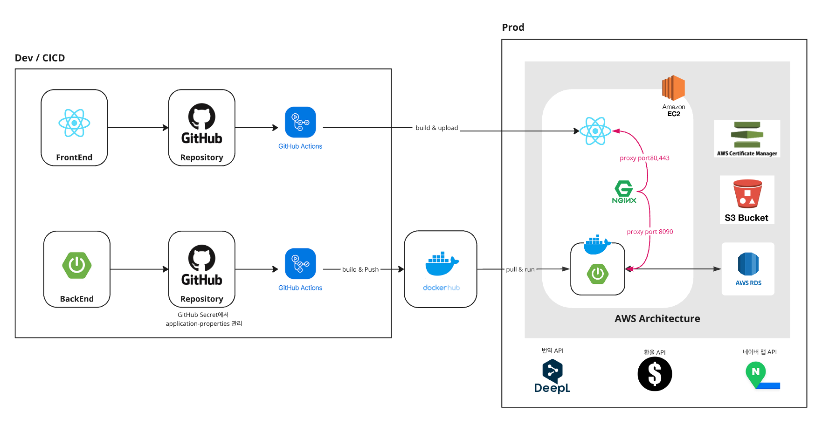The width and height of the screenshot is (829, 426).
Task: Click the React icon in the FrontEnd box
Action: point(74,123)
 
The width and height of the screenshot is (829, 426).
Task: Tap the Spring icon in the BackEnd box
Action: point(77,265)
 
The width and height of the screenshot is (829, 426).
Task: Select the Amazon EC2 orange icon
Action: point(673,88)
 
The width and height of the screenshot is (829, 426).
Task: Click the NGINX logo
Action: point(624,192)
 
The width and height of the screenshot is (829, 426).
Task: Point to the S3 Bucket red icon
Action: point(747,193)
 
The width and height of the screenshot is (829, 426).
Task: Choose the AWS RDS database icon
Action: point(748,264)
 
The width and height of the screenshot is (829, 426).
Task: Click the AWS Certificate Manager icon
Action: point(747,134)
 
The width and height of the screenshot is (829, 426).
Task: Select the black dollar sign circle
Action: point(655,374)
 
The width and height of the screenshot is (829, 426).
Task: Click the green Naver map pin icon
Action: point(756,374)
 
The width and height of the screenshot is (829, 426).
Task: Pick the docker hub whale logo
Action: point(442,264)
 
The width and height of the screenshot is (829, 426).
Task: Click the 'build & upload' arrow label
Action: point(437,128)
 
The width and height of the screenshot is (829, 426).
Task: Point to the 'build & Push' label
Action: point(360,269)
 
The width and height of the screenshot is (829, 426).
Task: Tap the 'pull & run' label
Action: point(520,269)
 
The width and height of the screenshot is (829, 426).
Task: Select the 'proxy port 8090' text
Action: point(650,232)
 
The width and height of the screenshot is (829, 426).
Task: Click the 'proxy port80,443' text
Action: point(644,158)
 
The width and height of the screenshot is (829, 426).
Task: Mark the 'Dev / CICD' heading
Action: point(40,58)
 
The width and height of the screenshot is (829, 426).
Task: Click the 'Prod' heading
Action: point(513,27)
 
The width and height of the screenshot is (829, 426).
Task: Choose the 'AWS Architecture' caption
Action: point(657,319)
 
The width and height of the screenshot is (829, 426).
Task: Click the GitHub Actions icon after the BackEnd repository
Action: point(300,263)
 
